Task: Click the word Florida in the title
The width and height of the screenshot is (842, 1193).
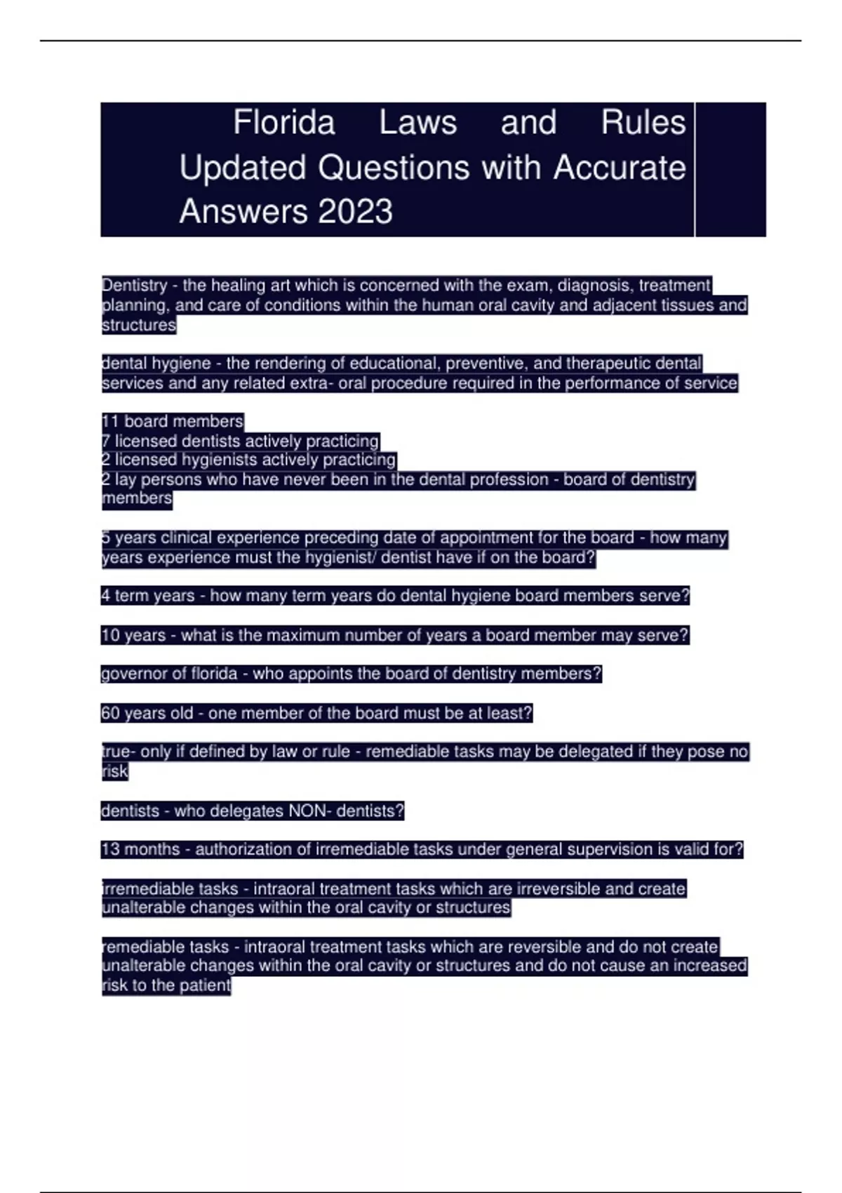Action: click(284, 123)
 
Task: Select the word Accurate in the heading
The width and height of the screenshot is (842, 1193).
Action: click(619, 168)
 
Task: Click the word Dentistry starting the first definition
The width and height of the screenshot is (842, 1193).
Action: click(135, 286)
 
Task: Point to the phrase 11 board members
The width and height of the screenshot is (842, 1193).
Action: click(173, 421)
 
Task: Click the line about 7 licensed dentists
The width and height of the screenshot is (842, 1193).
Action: click(240, 441)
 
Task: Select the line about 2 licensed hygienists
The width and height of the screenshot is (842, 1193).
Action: click(248, 460)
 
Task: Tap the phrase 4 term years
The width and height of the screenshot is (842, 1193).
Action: click(147, 596)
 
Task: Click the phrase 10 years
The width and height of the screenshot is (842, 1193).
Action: click(133, 635)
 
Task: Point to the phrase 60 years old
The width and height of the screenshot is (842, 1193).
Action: click(147, 713)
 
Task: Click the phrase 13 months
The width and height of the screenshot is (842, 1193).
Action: click(140, 849)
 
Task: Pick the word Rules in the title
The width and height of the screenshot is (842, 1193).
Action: click(643, 123)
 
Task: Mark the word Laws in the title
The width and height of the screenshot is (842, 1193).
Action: click(417, 123)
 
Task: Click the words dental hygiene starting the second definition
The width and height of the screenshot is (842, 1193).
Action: click(156, 364)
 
